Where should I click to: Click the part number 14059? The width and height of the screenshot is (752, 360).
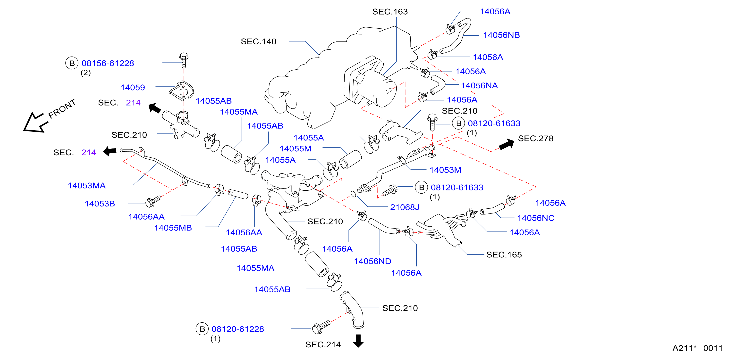pos(133,88)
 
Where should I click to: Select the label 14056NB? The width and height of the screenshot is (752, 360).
pos(501,35)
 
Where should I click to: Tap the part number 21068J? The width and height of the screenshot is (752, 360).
pos(404,207)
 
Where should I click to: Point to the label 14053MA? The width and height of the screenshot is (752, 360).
pos(87,186)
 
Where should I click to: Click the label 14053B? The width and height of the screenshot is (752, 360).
pos(100,204)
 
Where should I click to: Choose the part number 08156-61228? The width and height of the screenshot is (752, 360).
pos(108,63)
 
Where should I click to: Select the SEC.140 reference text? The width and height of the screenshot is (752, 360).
pos(258,41)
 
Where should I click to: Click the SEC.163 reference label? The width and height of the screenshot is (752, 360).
pos(390,12)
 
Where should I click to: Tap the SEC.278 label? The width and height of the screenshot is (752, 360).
pos(535,138)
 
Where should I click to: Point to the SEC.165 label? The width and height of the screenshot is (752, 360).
pos(504,255)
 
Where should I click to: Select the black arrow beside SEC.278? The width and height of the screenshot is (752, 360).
pos(507,144)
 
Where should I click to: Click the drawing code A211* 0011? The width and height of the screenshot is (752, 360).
pos(697,348)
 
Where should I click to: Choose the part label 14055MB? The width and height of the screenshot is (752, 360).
pos(173,228)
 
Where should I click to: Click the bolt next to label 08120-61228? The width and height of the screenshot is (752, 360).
pos(321,327)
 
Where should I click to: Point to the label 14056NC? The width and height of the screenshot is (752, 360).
pos(536,218)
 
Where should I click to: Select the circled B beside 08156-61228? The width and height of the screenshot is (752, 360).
pos(72,63)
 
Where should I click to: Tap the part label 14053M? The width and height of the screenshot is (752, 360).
pos(445,170)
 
